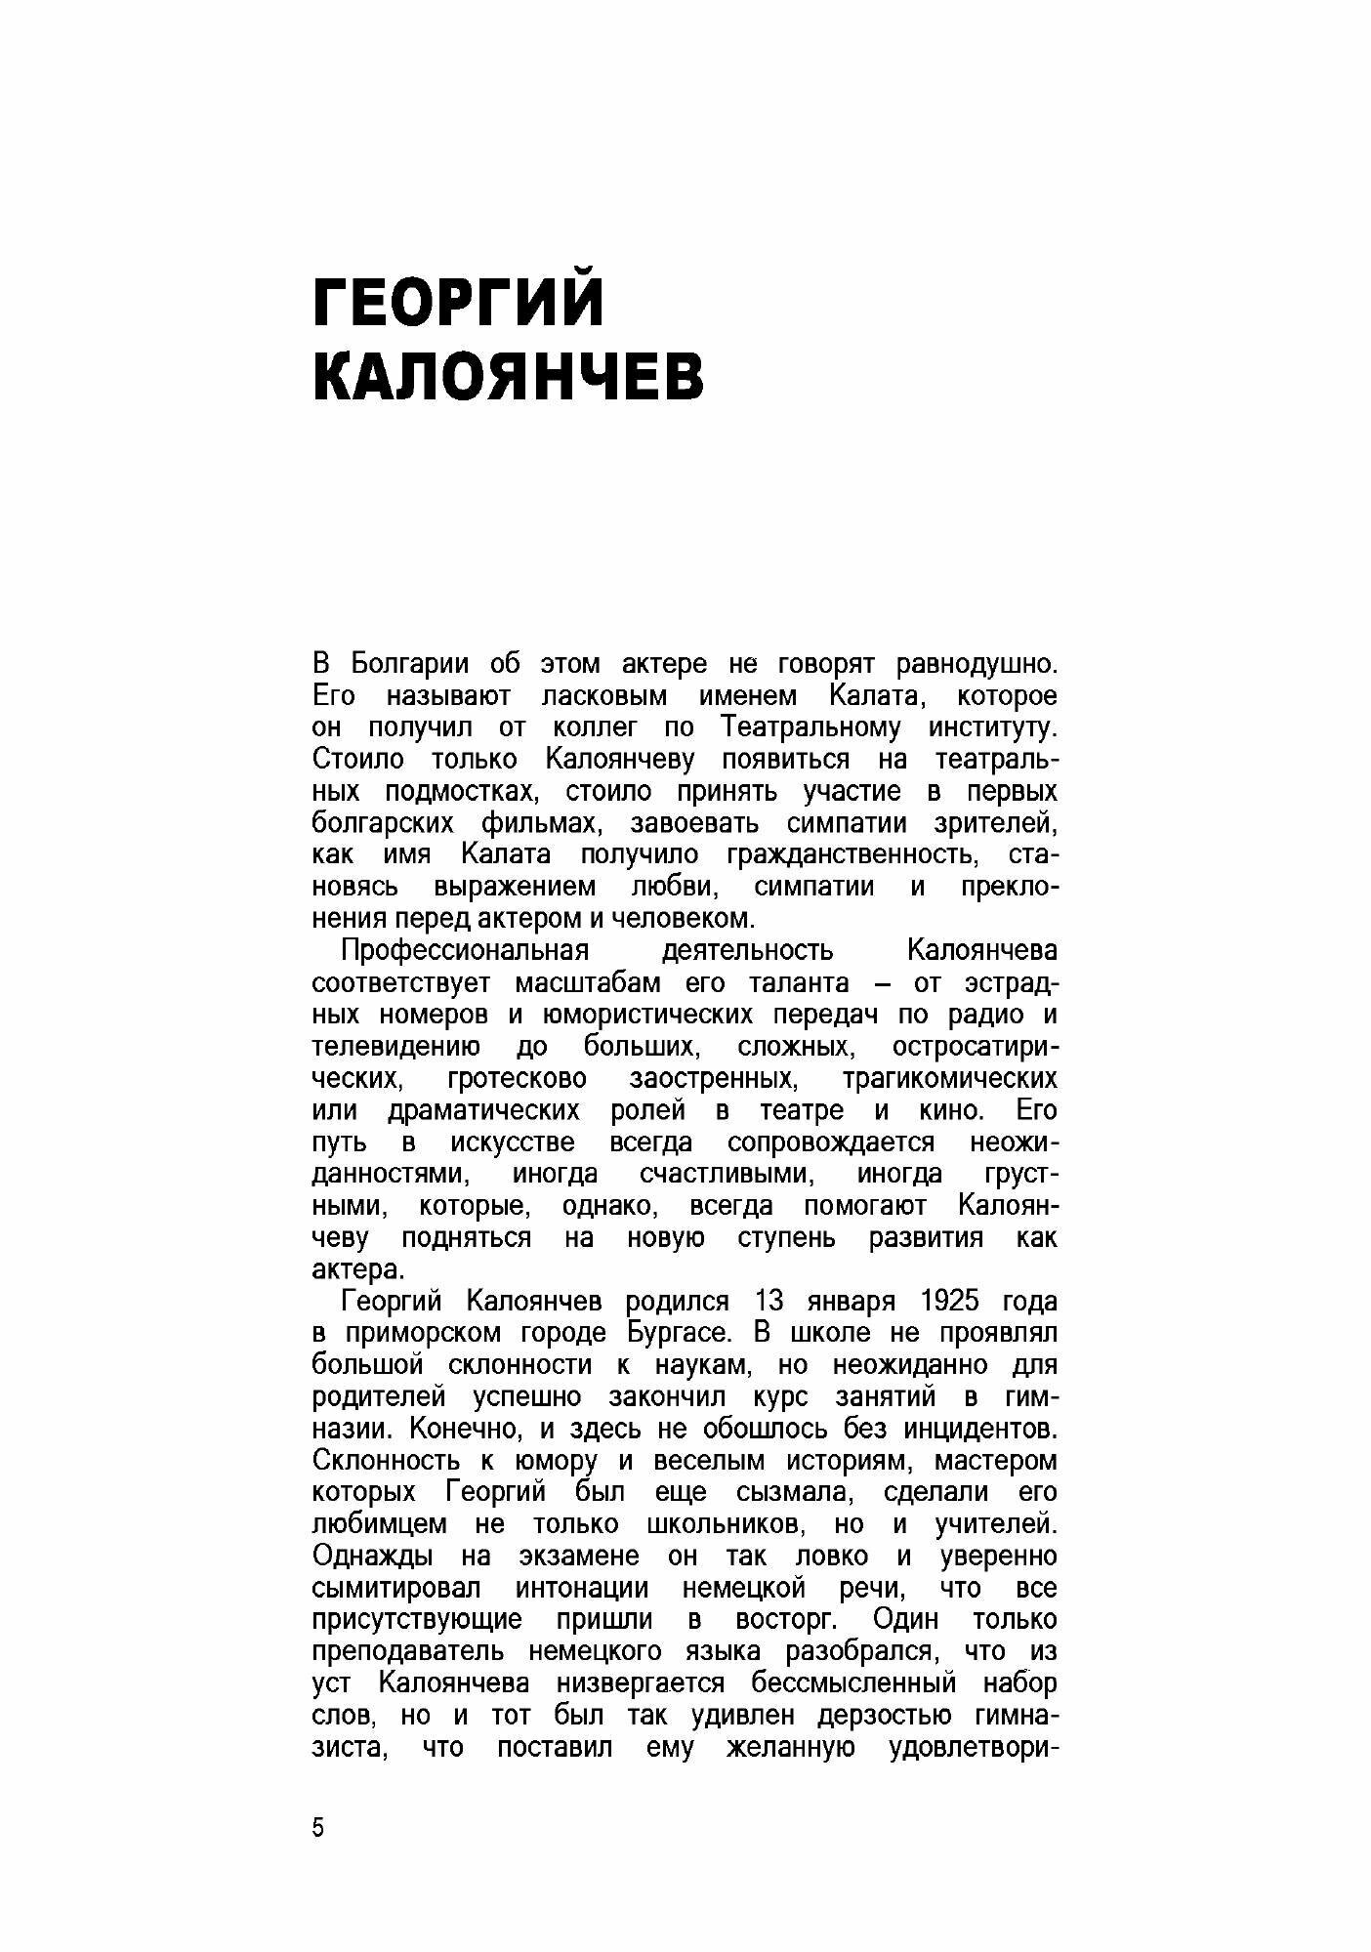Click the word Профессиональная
[x=465, y=950]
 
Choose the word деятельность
[x=748, y=950]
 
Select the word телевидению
[x=396, y=1047]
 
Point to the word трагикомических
[x=949, y=1079]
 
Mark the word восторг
[x=785, y=1619]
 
